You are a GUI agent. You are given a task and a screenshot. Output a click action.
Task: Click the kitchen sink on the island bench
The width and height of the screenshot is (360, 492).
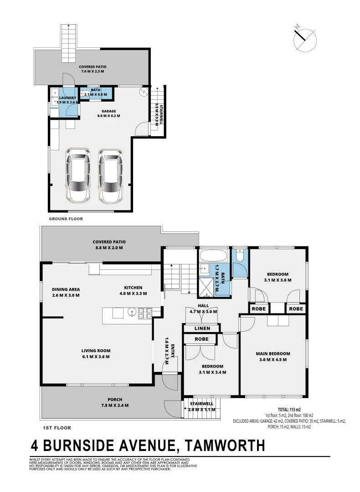pos(132,313)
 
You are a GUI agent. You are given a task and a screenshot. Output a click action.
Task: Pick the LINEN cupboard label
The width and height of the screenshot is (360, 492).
pos(202,328)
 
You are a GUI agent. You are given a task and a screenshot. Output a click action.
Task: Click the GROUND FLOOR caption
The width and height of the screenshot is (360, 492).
pos(66,219)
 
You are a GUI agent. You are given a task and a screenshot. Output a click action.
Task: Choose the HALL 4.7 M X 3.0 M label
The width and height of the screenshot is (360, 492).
pos(203,308)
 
